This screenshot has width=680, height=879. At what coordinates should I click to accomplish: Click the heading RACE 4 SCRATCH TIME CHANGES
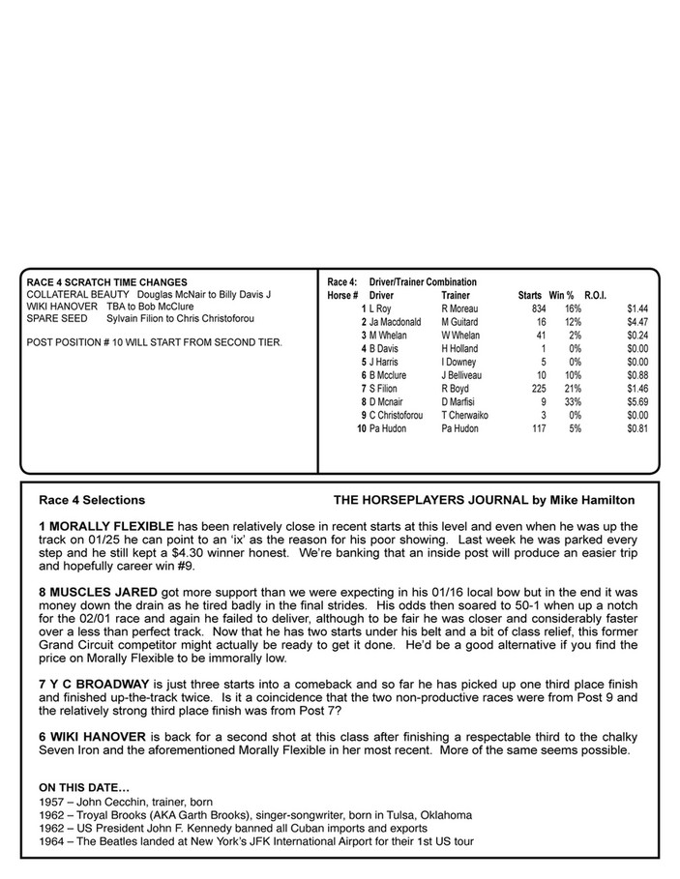pos(107,282)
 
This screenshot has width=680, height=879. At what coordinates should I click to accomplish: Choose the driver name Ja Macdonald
pos(395,321)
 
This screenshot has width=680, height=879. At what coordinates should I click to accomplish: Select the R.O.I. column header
pos(595,294)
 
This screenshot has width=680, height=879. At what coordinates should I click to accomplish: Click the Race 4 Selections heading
pos(92,500)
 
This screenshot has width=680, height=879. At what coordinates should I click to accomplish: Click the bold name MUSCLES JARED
pos(103,600)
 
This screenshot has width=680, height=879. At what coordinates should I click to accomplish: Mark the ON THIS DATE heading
pos(83,787)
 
